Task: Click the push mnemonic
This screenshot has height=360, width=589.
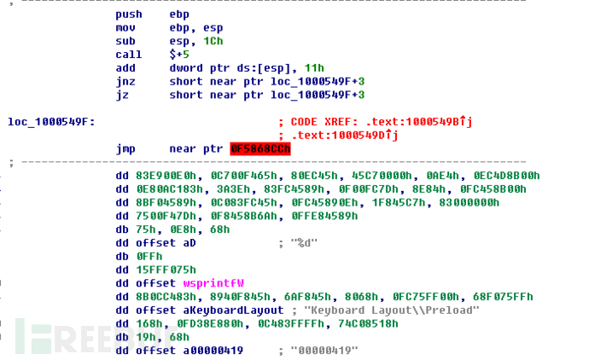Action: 128,15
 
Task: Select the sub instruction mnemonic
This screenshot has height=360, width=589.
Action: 125,41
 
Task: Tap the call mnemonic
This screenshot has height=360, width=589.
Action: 128,55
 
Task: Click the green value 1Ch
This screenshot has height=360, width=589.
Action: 213,41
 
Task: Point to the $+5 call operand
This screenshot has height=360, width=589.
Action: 179,55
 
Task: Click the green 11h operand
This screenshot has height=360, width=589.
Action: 314,68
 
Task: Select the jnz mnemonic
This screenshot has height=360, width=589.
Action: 125,82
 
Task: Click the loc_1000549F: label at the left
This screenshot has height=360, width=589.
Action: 51,122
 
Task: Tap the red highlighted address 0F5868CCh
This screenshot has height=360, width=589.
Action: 260,149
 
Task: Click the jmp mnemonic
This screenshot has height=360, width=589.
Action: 125,149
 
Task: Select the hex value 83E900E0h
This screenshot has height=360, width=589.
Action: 166,176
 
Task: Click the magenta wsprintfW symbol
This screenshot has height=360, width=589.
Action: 213,283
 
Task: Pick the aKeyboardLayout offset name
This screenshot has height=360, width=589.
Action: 233,311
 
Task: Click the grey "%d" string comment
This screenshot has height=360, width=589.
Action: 304,243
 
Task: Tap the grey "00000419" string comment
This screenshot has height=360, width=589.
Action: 324,351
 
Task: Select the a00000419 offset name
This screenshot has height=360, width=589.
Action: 213,351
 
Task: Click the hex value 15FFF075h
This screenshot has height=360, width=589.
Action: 166,270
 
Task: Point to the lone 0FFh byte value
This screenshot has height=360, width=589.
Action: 149,257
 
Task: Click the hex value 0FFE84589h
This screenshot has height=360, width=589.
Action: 324,217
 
